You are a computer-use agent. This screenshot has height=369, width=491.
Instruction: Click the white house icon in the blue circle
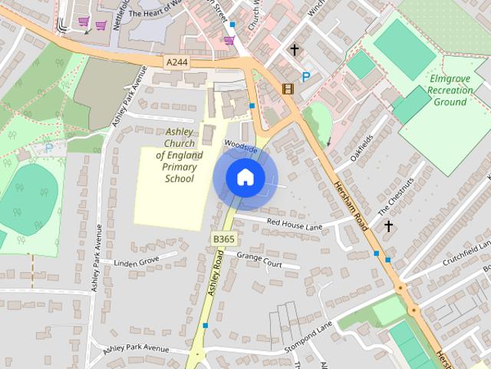click(245, 177)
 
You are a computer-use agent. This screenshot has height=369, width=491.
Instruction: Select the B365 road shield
click(223, 240)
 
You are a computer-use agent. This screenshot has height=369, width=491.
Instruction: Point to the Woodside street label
click(240, 145)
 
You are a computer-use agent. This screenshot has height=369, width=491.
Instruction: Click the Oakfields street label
click(361, 149)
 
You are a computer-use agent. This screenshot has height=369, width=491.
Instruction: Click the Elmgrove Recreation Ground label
click(450, 89)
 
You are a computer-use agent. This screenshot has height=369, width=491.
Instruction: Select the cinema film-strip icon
click(288, 88)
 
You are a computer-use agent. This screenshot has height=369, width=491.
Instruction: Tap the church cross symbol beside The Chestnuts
click(389, 226)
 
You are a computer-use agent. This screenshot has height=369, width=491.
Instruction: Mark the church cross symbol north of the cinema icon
click(294, 50)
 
